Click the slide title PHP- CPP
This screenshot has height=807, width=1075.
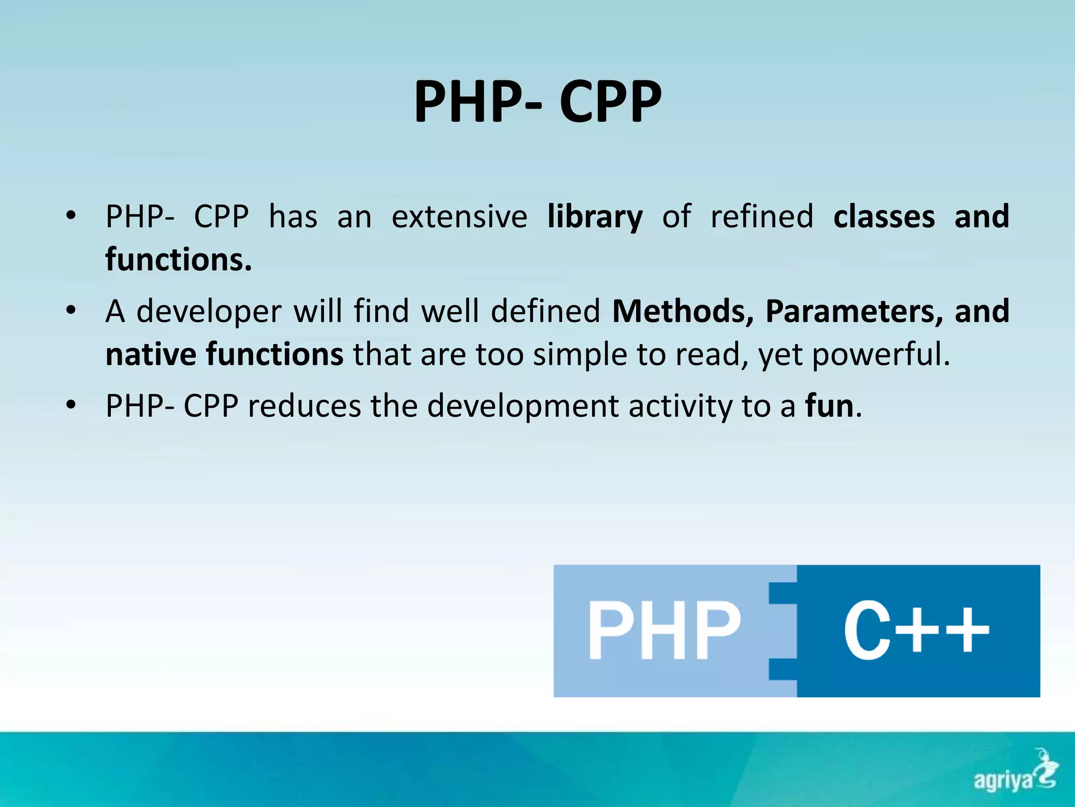pos(537,101)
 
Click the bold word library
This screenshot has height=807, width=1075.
pos(595,216)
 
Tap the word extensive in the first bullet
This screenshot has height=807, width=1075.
pos(459,216)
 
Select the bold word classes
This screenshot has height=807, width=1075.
pos(884,216)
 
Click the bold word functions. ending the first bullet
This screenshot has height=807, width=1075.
pos(178,260)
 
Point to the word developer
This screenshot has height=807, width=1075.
pos(209,311)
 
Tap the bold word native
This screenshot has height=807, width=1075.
pos(151,354)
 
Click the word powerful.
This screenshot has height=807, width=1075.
pos(881,354)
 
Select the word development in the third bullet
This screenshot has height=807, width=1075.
pos(523,406)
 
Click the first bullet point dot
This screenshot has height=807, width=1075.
pos(71,215)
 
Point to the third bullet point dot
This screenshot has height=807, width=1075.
pos(71,405)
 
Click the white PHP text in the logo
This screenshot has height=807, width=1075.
pos(664,630)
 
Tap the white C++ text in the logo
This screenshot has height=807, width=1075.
pos(916,630)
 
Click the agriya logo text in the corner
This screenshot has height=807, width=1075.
pos(1003,780)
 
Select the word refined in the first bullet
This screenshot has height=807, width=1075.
pos(762,216)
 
